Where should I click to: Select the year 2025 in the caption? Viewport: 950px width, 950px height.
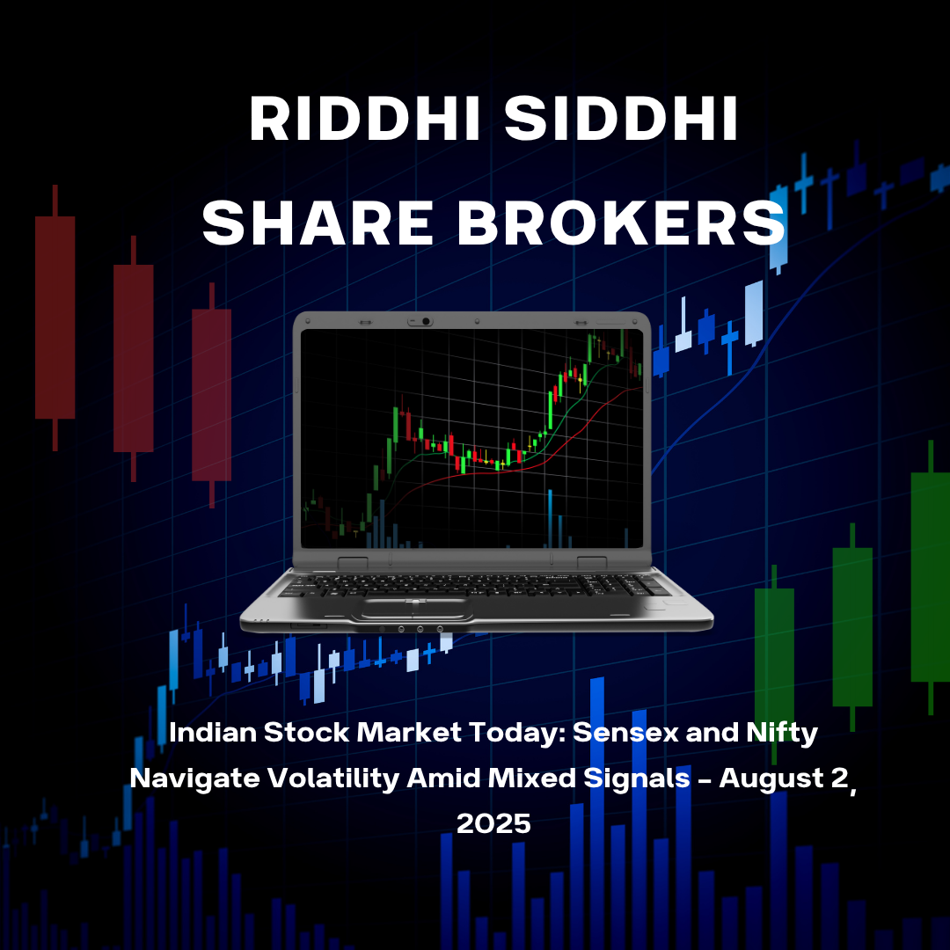(x=493, y=824)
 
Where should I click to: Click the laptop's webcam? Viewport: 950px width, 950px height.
(x=425, y=322)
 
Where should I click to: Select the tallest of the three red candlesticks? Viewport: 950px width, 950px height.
(x=55, y=317)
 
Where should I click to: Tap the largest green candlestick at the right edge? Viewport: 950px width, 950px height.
(x=930, y=576)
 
